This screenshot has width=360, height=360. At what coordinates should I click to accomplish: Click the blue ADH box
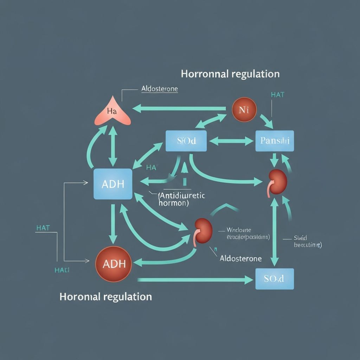113,184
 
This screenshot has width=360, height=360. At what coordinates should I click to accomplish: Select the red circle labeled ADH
113,264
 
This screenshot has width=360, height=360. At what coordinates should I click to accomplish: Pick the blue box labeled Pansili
275,141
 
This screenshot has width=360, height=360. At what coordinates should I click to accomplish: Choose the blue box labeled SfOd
186,141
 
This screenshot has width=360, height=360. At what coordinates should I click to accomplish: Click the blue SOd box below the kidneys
274,279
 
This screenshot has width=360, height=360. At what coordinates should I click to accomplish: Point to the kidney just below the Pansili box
278,181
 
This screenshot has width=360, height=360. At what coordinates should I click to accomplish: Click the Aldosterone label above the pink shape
159,89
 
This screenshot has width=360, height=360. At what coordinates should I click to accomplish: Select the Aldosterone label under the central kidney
240,258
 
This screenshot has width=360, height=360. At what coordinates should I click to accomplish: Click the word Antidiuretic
182,195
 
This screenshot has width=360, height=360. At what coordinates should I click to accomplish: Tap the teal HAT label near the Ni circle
278,95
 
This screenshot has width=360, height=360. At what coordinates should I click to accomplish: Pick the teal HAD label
62,270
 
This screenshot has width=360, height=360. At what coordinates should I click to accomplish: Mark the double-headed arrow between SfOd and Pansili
231,141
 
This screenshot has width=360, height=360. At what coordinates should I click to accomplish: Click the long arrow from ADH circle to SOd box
195,280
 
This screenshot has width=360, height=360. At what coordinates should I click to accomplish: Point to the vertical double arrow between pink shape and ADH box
113,146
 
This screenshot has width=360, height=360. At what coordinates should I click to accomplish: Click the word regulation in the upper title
256,74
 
